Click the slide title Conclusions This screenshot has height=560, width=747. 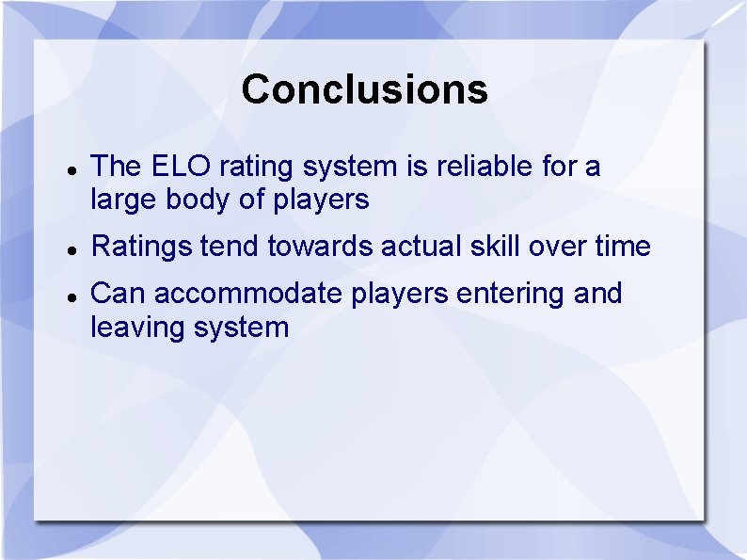click(x=364, y=89)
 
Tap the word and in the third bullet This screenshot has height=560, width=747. click(x=597, y=294)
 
